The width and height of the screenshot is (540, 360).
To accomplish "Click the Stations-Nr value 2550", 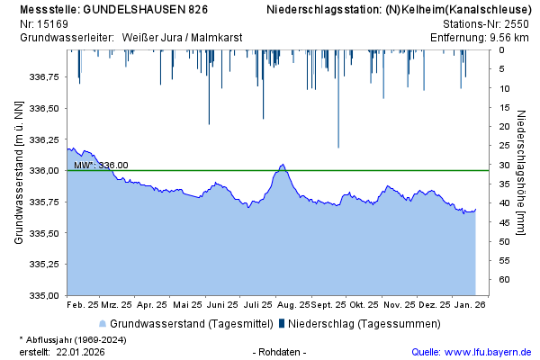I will pyautogui.click(x=516, y=23).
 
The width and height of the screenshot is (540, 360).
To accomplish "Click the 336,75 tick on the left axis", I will pyautogui.click(x=43, y=77).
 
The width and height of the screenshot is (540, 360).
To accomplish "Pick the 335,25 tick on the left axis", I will pyautogui.click(x=43, y=265).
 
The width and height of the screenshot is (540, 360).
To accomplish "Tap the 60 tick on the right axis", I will pyautogui.click(x=505, y=280).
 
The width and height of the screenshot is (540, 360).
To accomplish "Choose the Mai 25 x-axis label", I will pyautogui.click(x=187, y=305).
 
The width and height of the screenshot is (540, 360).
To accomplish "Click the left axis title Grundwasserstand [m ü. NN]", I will pyautogui.click(x=18, y=172).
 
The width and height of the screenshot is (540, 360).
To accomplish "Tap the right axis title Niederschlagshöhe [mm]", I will pyautogui.click(x=522, y=172).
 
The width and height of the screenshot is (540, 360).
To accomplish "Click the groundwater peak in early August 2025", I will pyautogui.click(x=283, y=166).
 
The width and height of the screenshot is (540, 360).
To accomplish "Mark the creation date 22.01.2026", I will pyautogui.click(x=79, y=351).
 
